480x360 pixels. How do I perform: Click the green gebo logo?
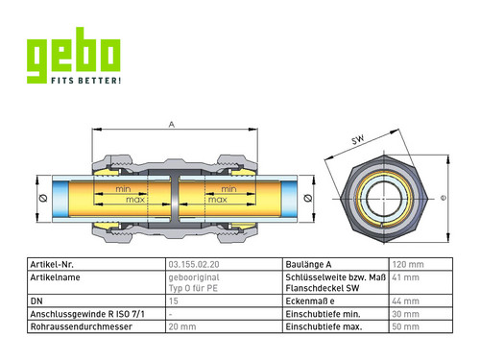click(x=73, y=55)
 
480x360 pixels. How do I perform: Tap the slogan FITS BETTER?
click(x=86, y=81)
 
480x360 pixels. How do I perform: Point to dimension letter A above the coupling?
click(x=172, y=125)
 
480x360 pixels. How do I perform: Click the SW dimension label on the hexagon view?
click(x=358, y=139)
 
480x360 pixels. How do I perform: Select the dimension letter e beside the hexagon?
click(x=444, y=198)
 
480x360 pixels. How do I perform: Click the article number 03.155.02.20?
click(x=194, y=265)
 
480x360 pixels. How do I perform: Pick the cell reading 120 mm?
click(x=408, y=265)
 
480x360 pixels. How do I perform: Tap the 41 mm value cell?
click(x=405, y=277)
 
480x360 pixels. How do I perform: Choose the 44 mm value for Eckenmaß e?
click(x=405, y=301)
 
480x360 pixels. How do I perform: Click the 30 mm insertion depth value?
click(x=405, y=314)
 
